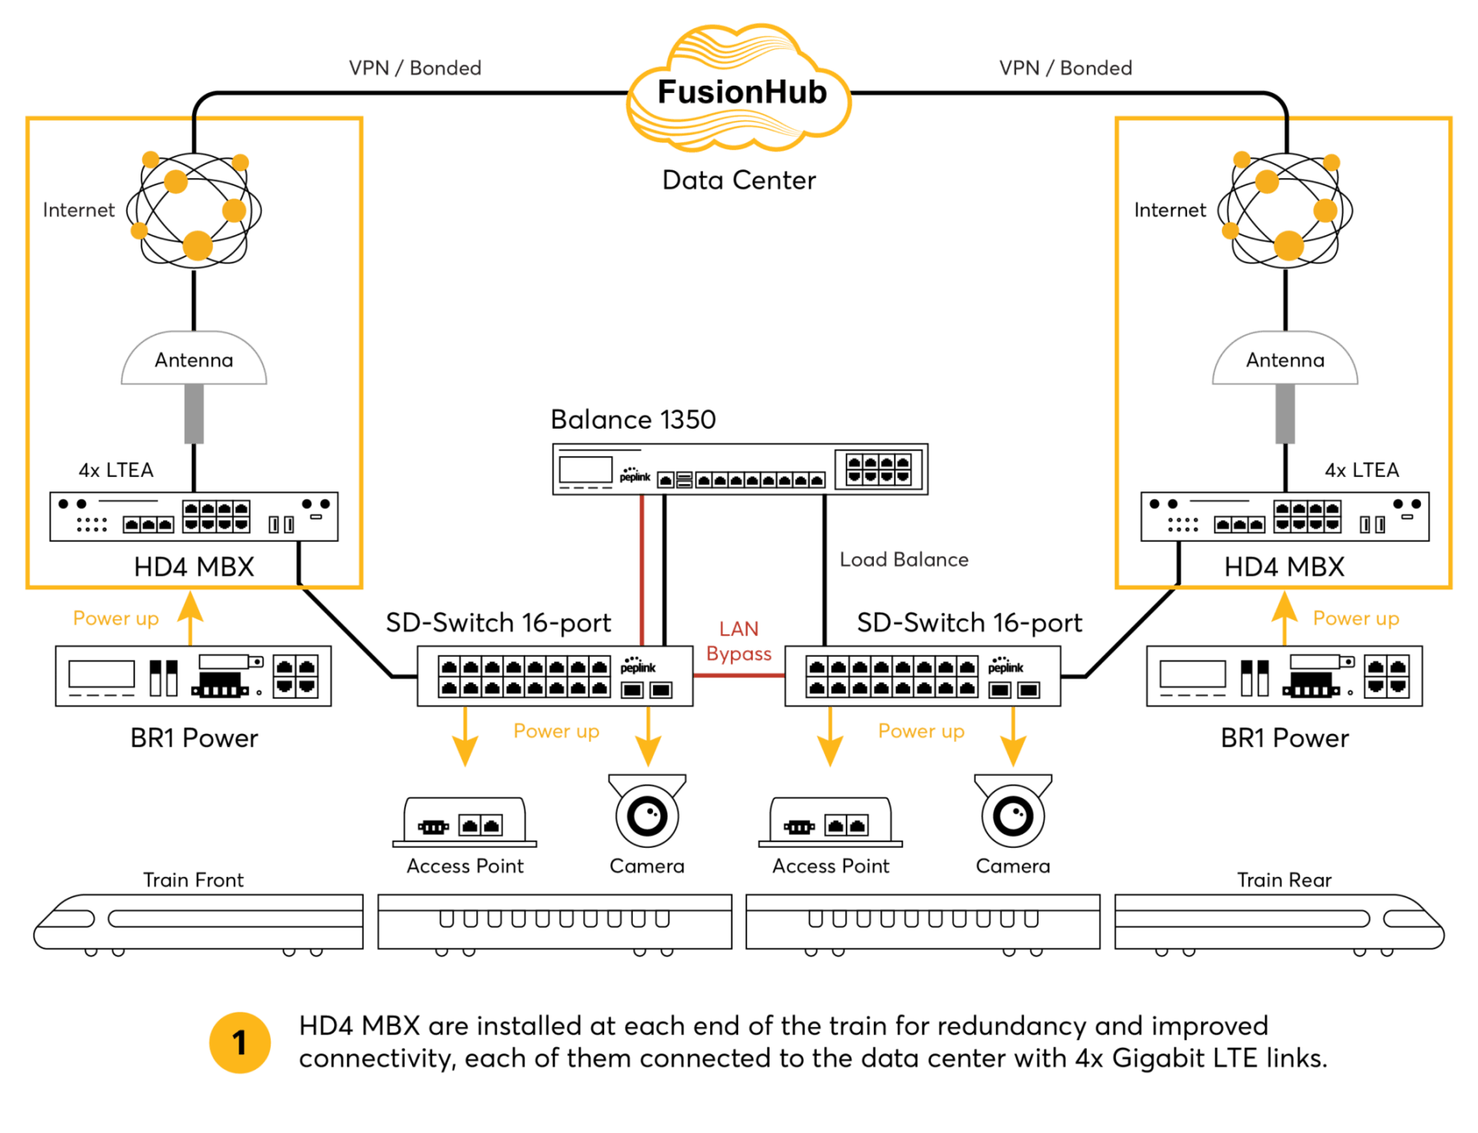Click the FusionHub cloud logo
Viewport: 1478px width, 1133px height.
pos(739,91)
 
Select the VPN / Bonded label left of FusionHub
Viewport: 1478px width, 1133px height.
pos(414,68)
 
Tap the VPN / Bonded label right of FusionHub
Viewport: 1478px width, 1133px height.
pos(1065,68)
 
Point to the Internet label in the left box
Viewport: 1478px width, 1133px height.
pos(79,210)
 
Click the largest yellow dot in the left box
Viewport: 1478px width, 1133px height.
pos(198,246)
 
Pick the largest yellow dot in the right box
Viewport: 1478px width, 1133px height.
pos(1288,246)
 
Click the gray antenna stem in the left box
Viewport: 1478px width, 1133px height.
pos(194,414)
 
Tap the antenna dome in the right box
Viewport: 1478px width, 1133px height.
pos(1285,360)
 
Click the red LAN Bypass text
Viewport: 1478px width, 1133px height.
pos(739,641)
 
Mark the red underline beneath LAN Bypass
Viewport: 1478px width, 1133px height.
pos(739,675)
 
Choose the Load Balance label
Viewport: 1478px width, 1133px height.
pos(904,560)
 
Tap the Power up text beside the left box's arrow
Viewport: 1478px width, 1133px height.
pos(116,619)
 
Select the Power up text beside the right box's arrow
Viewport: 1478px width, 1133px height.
pos(1356,619)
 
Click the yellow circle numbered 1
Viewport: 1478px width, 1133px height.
pos(239,1043)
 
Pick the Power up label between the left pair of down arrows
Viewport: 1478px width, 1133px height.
pos(556,732)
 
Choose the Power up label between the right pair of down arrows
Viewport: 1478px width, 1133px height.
pos(921,732)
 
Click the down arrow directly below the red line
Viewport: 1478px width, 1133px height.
pos(648,737)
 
